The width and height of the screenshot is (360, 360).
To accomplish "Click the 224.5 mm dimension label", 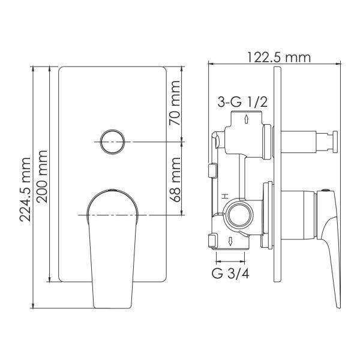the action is pos(25,190).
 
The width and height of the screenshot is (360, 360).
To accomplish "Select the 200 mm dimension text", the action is pos(42,176).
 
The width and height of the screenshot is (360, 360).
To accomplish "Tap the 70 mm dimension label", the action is pos(175,103).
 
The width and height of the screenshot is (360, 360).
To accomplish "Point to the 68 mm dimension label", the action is pos(175,180).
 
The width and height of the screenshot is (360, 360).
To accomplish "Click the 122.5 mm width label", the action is pos(279,58).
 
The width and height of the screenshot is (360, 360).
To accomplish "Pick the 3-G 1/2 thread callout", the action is pos(242,102).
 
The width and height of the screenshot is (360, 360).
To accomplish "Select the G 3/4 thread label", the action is pos(230,274).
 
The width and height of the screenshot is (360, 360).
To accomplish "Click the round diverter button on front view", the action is pos(113,142).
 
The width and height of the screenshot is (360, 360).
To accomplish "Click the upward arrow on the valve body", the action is pos(247,119).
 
